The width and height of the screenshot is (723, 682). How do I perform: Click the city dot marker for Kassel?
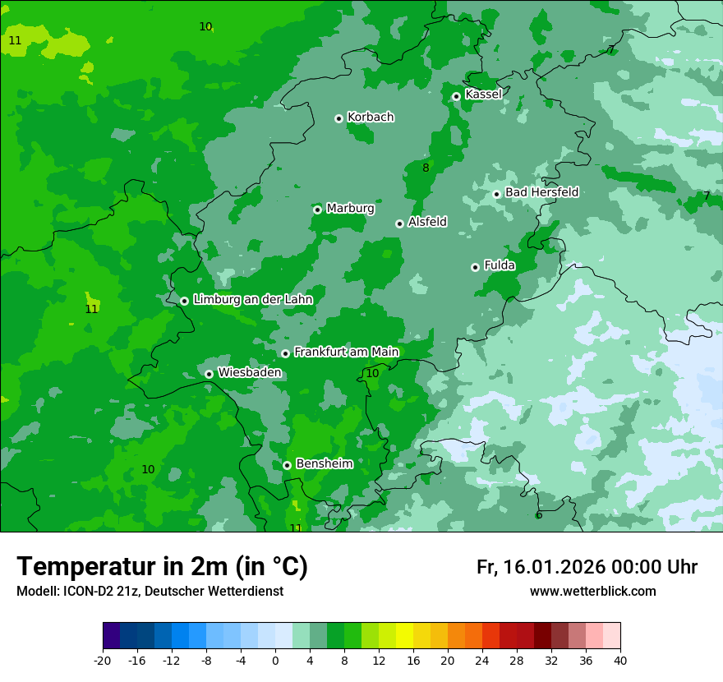pyautogui.click(x=456, y=96)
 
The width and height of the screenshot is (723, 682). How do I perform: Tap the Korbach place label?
pyautogui.click(x=371, y=118)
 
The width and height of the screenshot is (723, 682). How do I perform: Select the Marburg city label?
pyautogui.click(x=350, y=209)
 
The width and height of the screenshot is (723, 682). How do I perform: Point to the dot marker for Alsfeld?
pyautogui.click(x=399, y=223)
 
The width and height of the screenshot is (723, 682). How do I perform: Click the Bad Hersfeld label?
pyautogui.click(x=541, y=192)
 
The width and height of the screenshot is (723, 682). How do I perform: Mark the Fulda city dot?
pyautogui.click(x=475, y=267)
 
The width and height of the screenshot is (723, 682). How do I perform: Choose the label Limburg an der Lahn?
pyautogui.click(x=252, y=300)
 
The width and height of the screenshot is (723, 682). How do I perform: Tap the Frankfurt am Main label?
pyautogui.click(x=346, y=352)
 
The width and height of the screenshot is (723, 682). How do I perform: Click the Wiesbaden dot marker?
pyautogui.click(x=209, y=374)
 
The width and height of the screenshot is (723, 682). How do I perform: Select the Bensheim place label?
pyautogui.click(x=324, y=463)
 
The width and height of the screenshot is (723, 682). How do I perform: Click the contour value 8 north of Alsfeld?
pyautogui.click(x=426, y=168)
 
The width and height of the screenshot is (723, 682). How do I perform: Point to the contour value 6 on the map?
pyautogui.click(x=539, y=515)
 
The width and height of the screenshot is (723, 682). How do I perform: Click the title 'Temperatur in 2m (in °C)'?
pyautogui.click(x=162, y=567)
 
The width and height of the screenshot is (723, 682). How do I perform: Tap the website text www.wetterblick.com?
pyautogui.click(x=592, y=592)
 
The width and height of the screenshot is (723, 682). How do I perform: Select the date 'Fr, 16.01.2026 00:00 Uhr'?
pyautogui.click(x=587, y=567)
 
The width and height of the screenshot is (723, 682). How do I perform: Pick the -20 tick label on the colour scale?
pyautogui.click(x=103, y=661)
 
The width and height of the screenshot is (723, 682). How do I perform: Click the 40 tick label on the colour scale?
pyautogui.click(x=619, y=661)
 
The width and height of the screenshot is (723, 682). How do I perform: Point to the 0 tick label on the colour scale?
pyautogui.click(x=275, y=661)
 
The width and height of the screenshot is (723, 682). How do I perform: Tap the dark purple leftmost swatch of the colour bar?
pyautogui.click(x=111, y=636)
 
